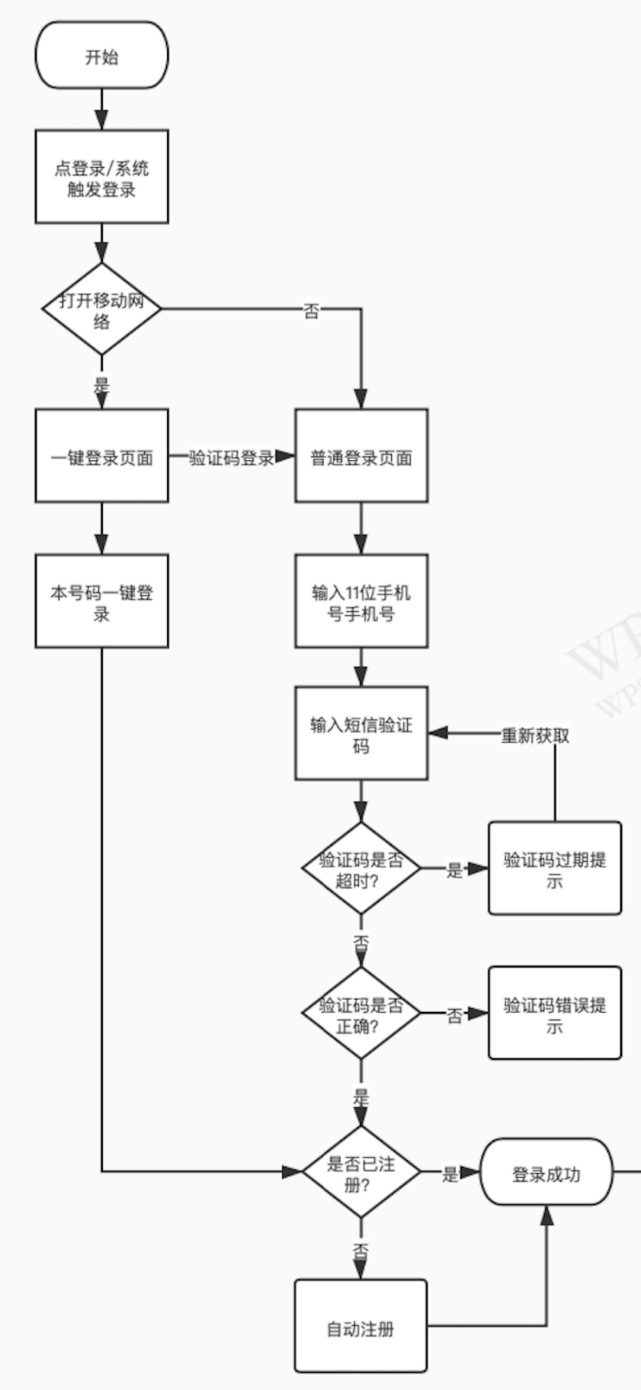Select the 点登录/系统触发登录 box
[x=101, y=177]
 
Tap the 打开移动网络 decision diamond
[x=101, y=308]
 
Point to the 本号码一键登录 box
[x=101, y=601]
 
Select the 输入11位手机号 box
[x=361, y=601]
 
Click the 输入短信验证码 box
[x=361, y=733]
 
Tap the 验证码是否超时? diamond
[x=361, y=868]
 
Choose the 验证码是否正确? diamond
[x=361, y=1013]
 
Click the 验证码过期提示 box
[x=555, y=868]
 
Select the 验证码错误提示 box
[x=555, y=1013]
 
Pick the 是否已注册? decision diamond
[x=361, y=1172]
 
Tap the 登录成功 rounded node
[x=546, y=1172]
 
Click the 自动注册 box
[x=361, y=1325]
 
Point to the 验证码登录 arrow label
[x=231, y=457]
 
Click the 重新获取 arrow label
[x=535, y=736]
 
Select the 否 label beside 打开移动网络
[x=312, y=310]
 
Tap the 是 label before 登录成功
[x=450, y=1173]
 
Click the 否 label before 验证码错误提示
[x=455, y=1015]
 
